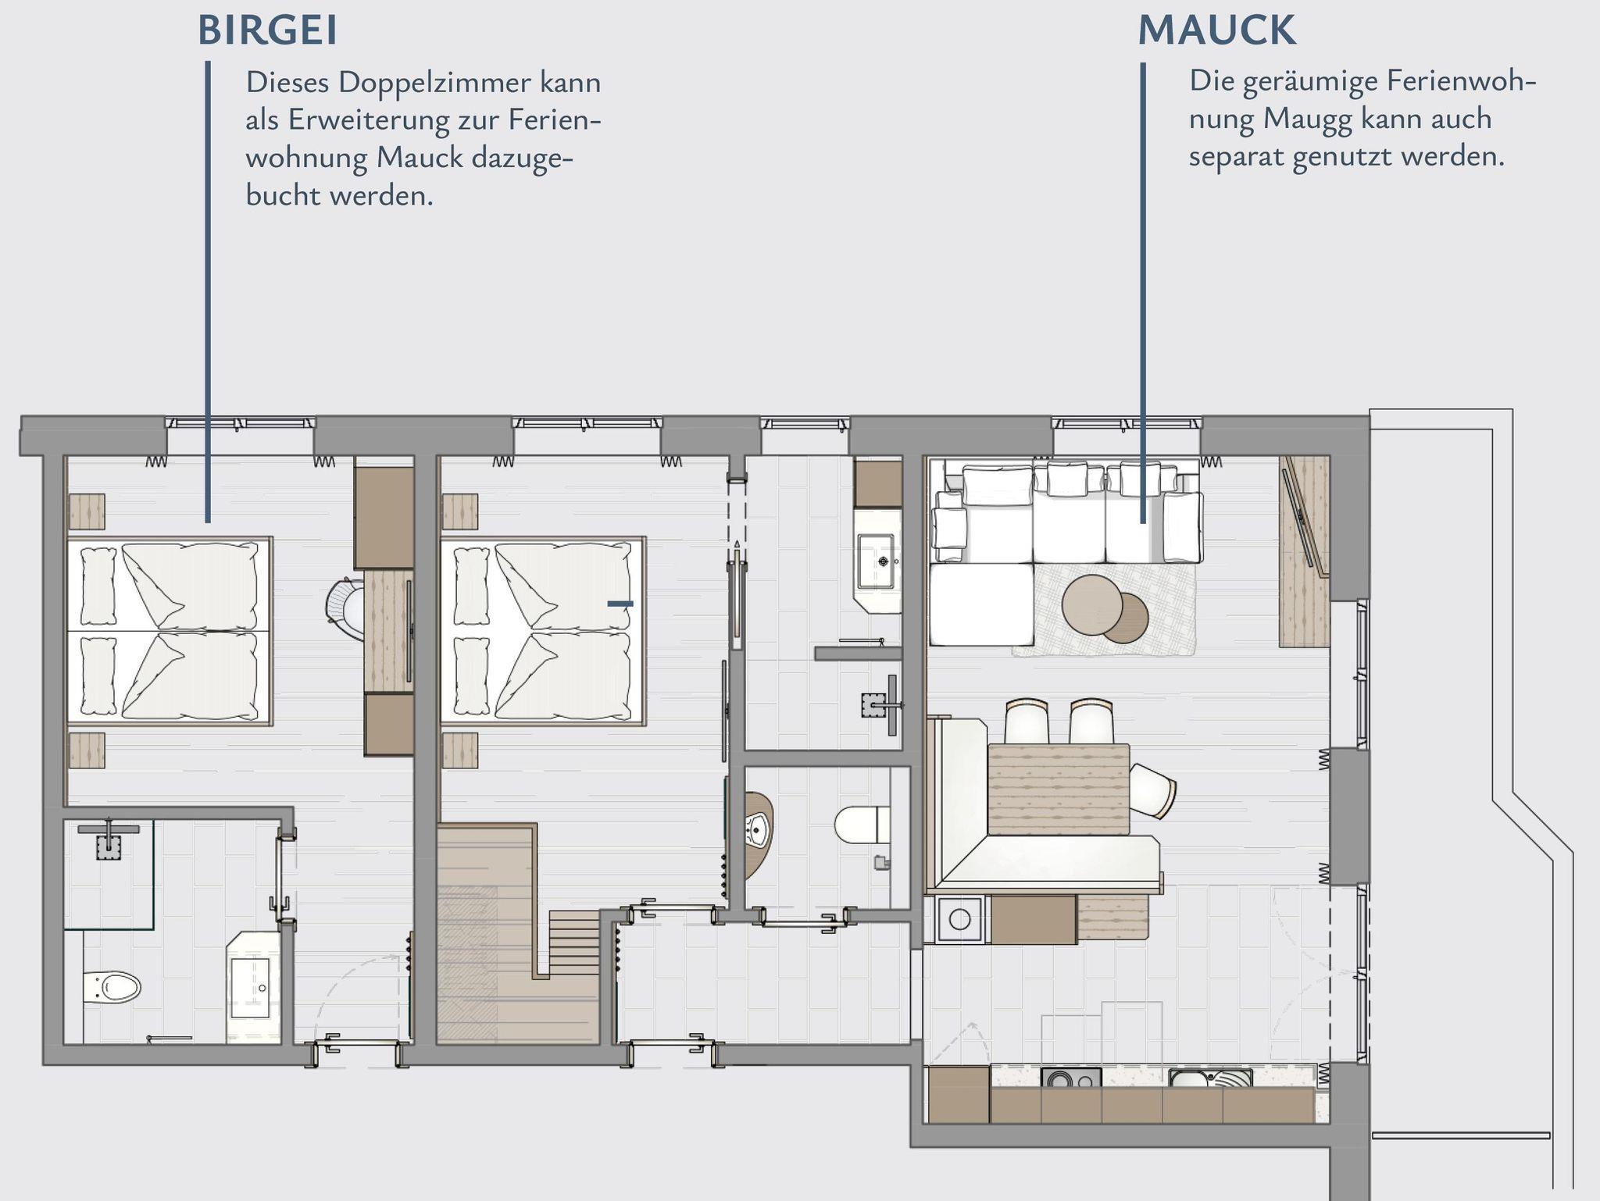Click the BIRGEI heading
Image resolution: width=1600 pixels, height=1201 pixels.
(268, 30)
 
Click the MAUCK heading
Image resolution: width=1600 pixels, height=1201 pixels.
(1216, 30)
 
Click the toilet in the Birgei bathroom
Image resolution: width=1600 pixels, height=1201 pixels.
(112, 987)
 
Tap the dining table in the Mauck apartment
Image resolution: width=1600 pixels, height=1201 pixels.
(1059, 789)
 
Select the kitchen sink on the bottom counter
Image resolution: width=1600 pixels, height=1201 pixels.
(1210, 1078)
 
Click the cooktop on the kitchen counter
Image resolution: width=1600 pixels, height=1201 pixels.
(1071, 1078)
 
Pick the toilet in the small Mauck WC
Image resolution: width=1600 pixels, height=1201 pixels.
(862, 825)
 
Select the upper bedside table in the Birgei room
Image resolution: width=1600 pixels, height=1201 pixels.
(86, 511)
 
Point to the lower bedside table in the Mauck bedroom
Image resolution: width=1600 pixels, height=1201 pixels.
(459, 750)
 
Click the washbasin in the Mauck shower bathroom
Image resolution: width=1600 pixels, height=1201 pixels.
(877, 561)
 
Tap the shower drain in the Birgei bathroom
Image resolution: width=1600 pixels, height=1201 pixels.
(109, 846)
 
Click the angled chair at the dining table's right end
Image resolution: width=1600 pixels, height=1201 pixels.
(1152, 791)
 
